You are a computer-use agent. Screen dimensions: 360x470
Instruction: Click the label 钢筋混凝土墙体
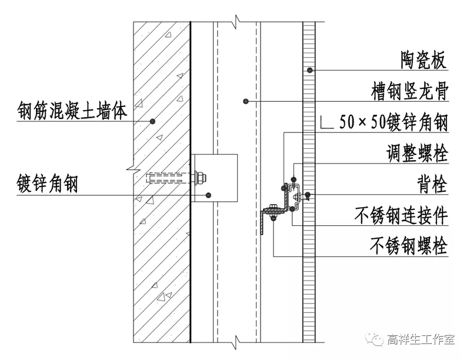(71, 110)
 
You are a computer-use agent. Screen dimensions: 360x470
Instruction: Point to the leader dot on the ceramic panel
(310, 71)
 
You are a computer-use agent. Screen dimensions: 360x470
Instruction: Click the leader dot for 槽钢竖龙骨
(246, 102)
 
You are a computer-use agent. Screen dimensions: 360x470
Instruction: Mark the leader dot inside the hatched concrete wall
(152, 121)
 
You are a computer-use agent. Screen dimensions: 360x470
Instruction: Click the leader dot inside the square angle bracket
(207, 194)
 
